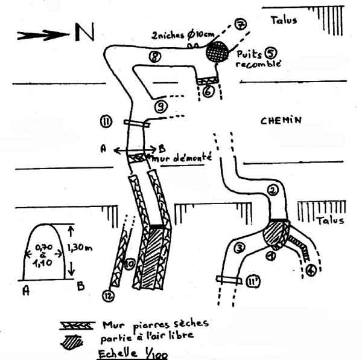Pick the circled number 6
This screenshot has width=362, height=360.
(208, 92)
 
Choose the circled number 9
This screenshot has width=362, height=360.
(160, 108)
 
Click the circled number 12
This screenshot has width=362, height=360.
(107, 296)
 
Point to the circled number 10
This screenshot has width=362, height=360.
(129, 264)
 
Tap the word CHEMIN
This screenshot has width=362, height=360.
(281, 121)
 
